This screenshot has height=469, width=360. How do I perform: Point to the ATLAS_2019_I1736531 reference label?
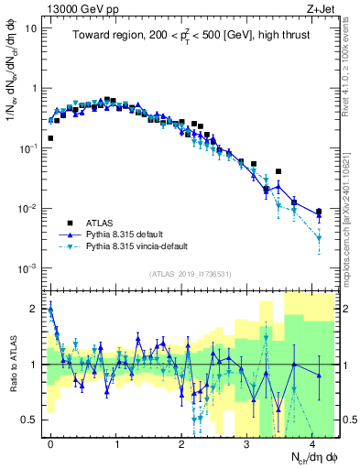(191, 274)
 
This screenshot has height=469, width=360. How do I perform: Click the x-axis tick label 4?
(311, 442)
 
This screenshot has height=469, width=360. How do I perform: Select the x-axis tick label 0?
(50, 442)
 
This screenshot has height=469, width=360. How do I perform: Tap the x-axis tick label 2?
(181, 442)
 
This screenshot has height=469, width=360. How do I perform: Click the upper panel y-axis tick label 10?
(32, 28)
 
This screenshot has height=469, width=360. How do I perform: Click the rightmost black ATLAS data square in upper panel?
(318, 212)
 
